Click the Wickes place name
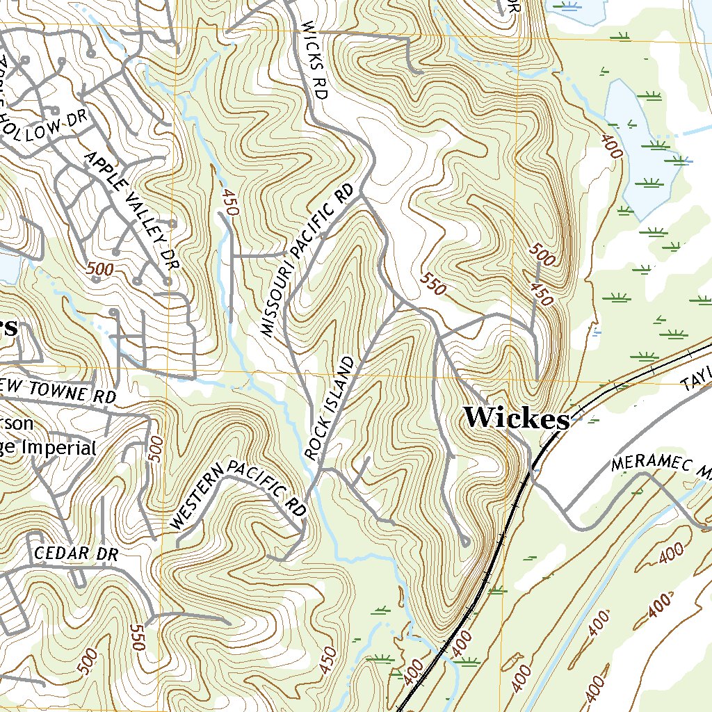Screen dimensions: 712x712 516,419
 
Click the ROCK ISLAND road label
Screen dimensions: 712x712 330,408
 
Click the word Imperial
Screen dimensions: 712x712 59,448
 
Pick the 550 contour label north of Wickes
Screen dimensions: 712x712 432,284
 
